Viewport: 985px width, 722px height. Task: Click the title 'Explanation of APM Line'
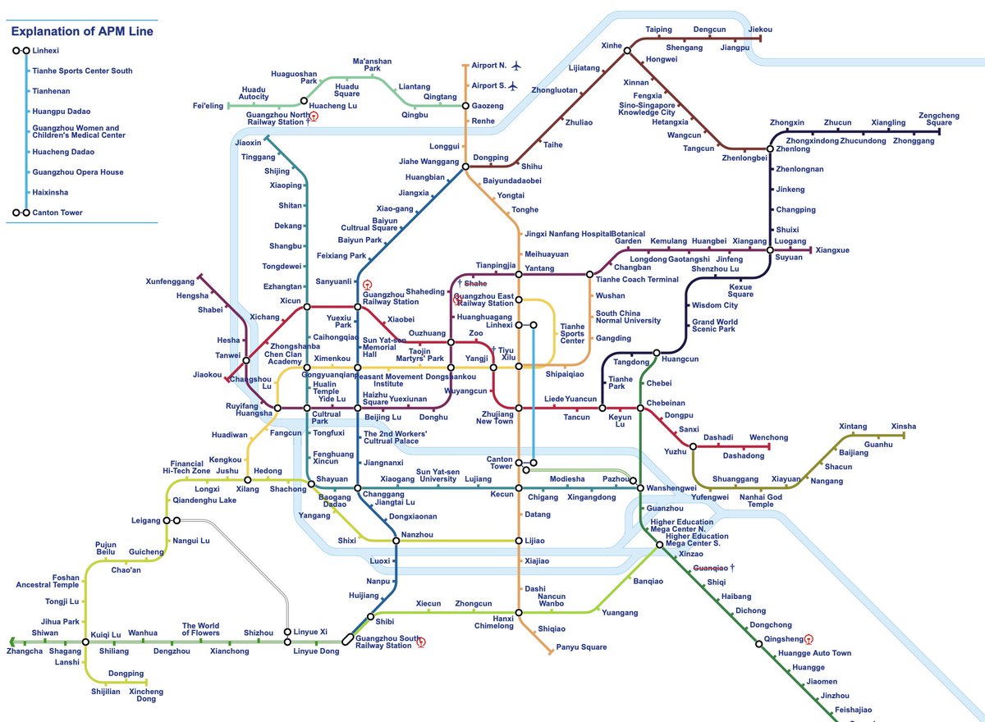[x=81, y=31]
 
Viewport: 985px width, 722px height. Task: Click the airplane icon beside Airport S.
[x=513, y=85]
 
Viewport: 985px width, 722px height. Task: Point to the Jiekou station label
[x=760, y=30]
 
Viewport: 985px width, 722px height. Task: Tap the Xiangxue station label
[x=832, y=249]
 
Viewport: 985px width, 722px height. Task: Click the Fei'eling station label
[x=208, y=106]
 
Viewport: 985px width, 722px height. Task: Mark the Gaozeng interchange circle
[x=466, y=107]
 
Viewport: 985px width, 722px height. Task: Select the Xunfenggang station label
[x=170, y=281]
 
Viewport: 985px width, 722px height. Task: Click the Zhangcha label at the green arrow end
[x=24, y=651]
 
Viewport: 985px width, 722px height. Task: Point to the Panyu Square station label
[x=581, y=647]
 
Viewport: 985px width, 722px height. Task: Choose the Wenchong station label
[x=768, y=437]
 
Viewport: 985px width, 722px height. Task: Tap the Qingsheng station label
[x=782, y=638]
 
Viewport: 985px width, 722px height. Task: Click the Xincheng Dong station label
[x=146, y=696]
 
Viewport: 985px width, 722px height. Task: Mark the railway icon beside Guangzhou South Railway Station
[x=421, y=642]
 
